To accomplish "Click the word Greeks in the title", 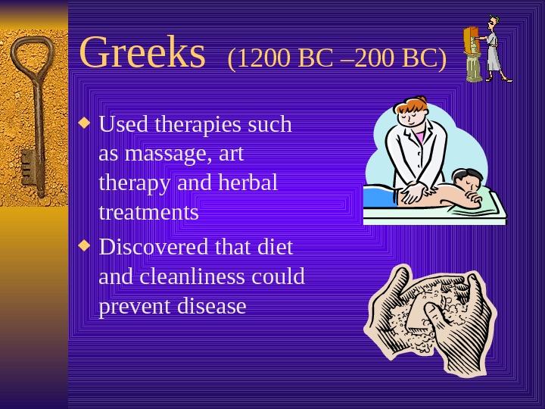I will (142, 53).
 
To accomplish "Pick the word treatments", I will (148, 213).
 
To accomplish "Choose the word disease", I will (214, 307).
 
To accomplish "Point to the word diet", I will (275, 248).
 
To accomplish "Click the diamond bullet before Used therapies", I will (86, 122).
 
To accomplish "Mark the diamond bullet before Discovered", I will (86, 245).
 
